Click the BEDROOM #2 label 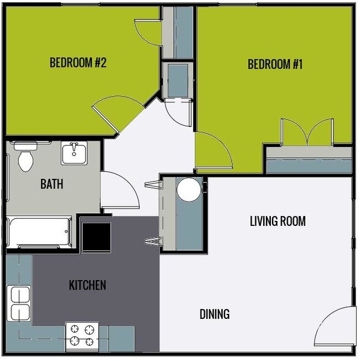[78, 63]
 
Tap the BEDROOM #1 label [275, 64]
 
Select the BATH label [52, 184]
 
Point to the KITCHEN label [87, 285]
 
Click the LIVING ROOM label [277, 221]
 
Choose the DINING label [214, 314]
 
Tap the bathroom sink [74, 153]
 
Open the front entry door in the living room [334, 327]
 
